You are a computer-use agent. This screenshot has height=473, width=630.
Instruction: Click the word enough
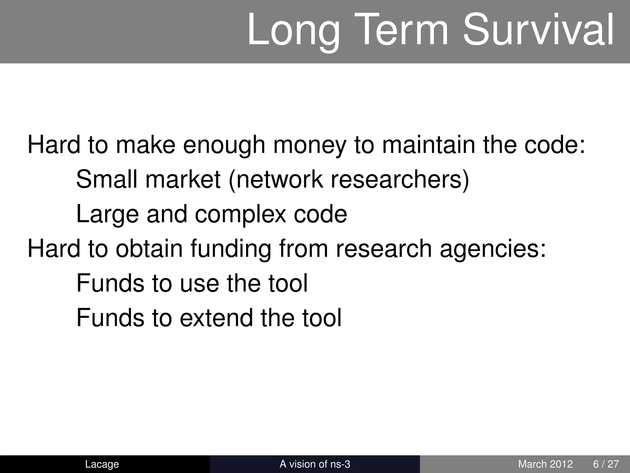(x=224, y=145)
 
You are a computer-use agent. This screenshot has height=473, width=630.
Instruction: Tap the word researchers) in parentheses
(x=400, y=180)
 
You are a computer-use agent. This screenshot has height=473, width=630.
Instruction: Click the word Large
(x=107, y=215)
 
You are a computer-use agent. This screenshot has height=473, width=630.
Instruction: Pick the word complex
(x=241, y=215)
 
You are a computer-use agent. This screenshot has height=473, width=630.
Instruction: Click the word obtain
(x=149, y=249)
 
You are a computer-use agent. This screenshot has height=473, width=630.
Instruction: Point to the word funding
(x=231, y=249)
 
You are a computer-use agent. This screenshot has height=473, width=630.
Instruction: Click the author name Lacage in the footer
(x=102, y=464)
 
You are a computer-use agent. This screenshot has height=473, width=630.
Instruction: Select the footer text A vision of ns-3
(x=315, y=464)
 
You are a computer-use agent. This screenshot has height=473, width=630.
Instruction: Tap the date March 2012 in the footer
(x=545, y=464)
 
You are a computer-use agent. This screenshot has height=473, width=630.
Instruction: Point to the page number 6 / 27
(x=606, y=464)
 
